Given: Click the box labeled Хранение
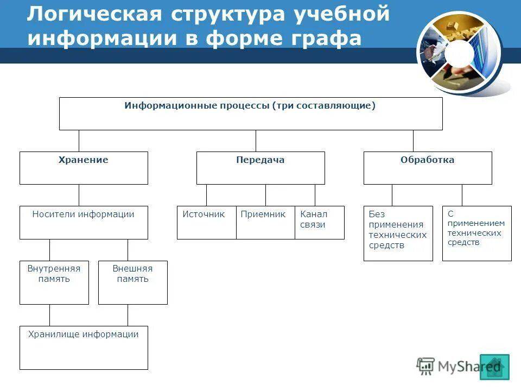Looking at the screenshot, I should point(84,168).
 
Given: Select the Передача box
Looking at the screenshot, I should point(260,168).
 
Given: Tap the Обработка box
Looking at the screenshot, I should point(428,168).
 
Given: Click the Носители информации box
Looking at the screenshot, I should point(84,223).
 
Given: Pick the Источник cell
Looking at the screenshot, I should point(206,223).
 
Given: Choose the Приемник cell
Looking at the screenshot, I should point(265,223).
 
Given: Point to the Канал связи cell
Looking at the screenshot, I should point(320,223).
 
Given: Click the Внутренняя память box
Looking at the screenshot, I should point(54,282).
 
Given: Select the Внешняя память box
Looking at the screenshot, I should point(133,282).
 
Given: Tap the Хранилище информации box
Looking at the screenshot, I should point(84,348).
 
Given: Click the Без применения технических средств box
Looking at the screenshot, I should point(398,234).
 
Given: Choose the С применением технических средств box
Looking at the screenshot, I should point(476,234).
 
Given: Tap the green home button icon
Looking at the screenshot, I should point(494,367).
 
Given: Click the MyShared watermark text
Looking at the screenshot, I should point(461,367).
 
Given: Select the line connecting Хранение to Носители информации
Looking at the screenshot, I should point(79,195).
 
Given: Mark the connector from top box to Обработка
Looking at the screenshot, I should point(413,141).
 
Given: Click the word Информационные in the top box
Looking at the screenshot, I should point(169,106).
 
